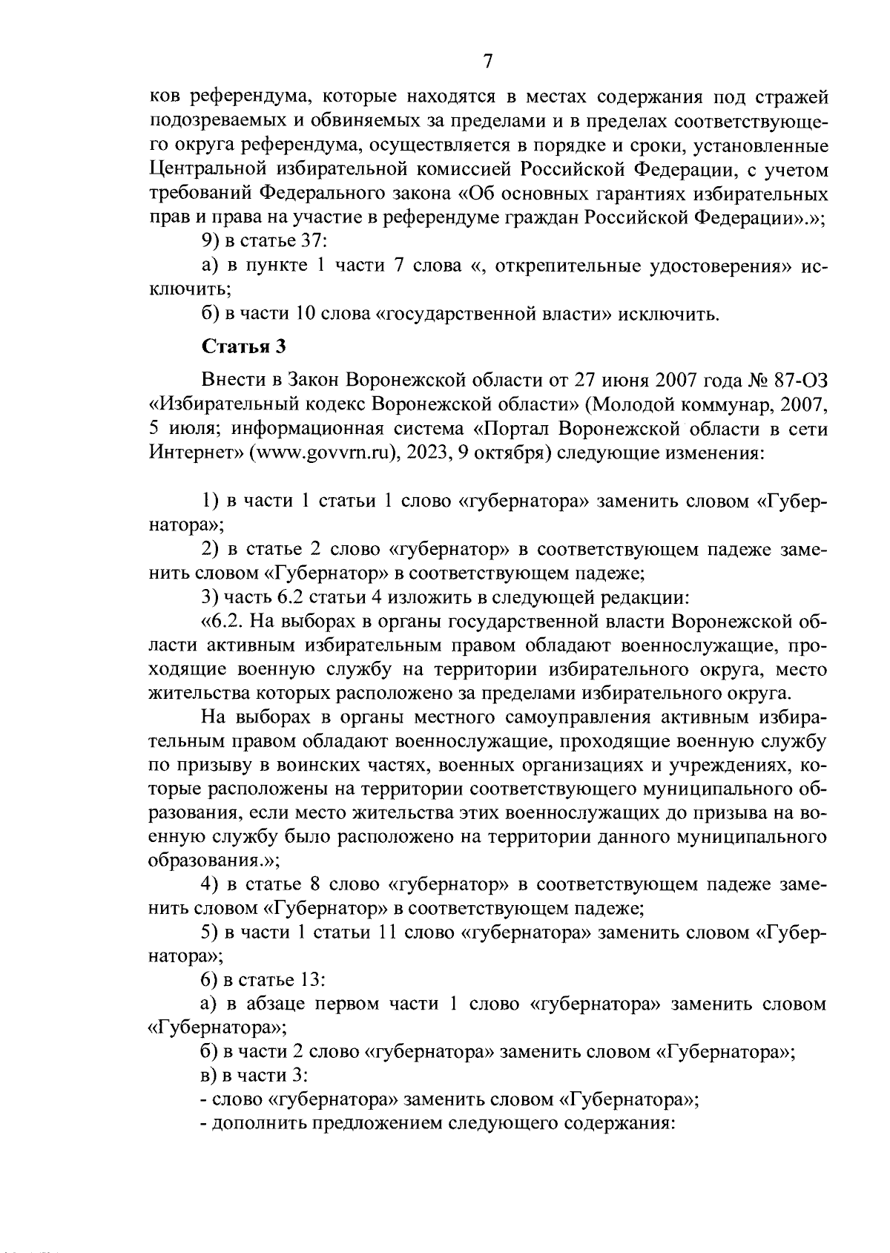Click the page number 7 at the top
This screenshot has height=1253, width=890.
click(x=487, y=62)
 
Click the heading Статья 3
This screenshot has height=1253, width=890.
click(x=244, y=346)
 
